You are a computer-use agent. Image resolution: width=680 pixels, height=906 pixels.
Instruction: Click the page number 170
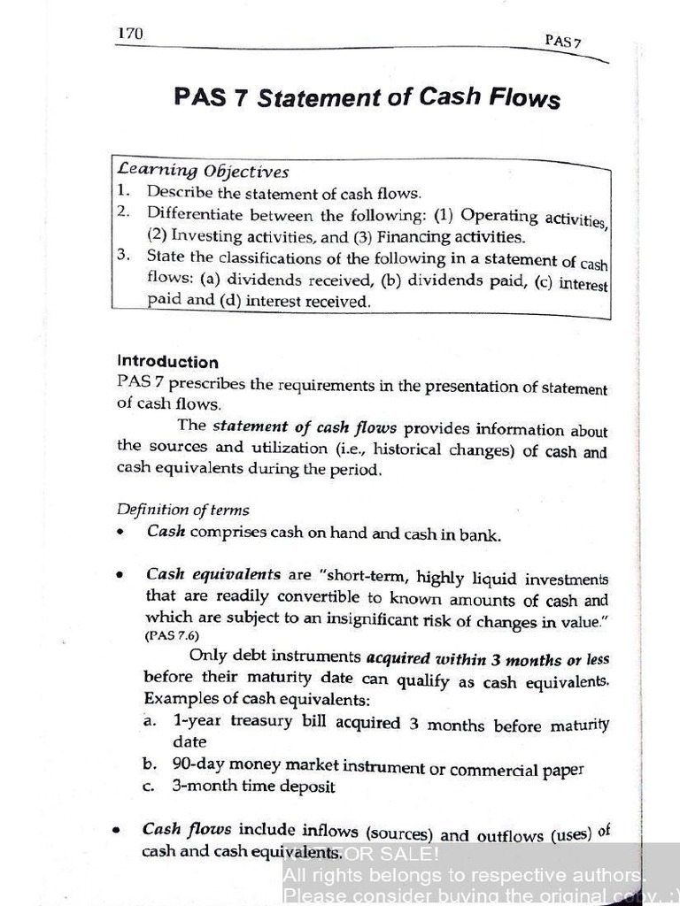(130, 34)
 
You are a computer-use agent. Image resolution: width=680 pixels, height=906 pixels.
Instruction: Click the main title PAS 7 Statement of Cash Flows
(367, 96)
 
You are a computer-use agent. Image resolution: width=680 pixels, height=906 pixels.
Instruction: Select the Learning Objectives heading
(203, 171)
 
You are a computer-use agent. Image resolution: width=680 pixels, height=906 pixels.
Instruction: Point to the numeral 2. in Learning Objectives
(123, 212)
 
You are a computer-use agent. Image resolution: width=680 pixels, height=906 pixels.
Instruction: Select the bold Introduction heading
(167, 362)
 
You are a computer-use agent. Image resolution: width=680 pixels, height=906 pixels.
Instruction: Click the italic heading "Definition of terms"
(182, 510)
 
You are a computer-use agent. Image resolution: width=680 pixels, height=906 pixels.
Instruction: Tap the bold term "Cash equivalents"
(213, 574)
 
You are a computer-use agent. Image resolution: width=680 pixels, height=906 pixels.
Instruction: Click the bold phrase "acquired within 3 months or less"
(487, 658)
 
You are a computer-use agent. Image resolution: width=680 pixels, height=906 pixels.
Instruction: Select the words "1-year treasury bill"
(233, 721)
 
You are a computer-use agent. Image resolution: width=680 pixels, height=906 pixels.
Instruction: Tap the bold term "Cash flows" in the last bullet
(187, 830)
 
